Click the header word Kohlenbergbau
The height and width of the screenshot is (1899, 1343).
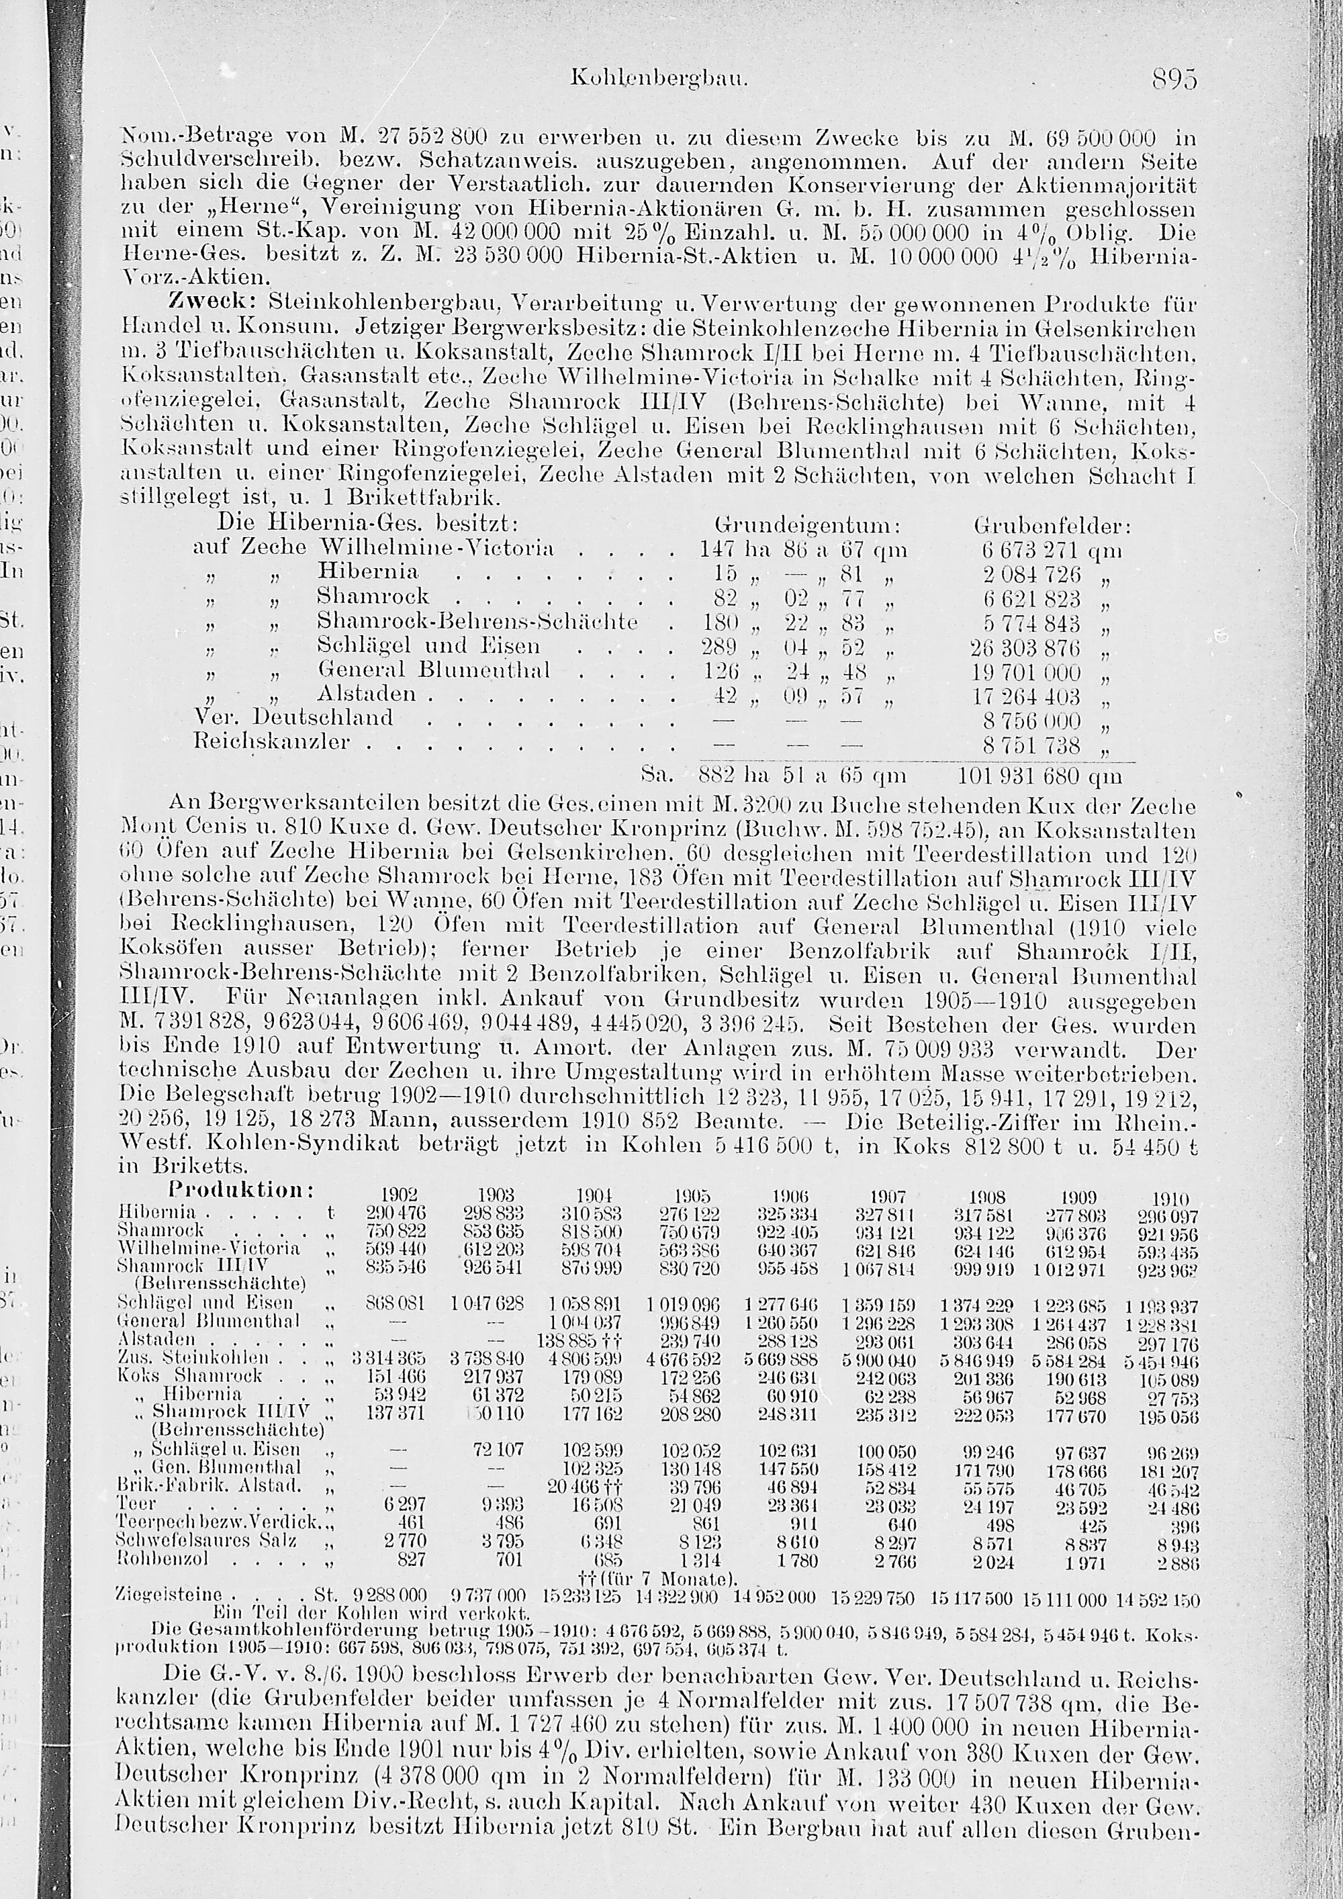pos(659,80)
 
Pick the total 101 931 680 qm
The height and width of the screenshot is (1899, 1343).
pos(1039,777)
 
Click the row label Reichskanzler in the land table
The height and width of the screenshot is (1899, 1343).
pos(271,741)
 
